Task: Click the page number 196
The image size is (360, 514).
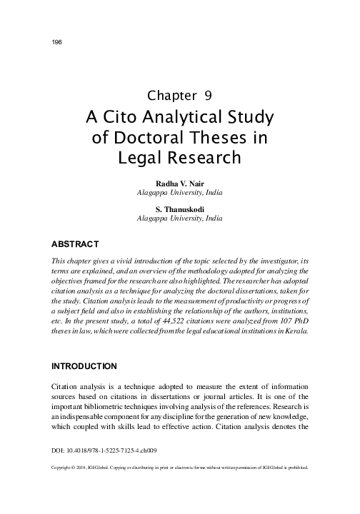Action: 58,42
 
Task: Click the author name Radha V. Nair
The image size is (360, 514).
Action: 180,183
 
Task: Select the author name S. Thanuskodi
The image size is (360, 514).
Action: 180,208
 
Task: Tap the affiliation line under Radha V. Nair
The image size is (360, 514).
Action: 180,193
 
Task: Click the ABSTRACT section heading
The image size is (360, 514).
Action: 76,243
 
